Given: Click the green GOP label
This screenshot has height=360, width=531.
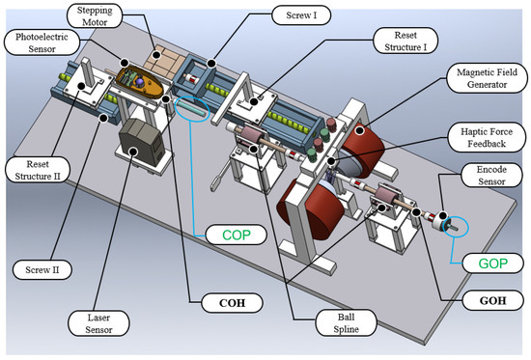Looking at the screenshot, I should (x=480, y=263).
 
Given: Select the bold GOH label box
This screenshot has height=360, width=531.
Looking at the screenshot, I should (x=480, y=301).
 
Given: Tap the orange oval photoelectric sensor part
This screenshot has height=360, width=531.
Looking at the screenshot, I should (x=139, y=84).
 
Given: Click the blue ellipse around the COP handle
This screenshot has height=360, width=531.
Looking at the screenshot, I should (x=192, y=112).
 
